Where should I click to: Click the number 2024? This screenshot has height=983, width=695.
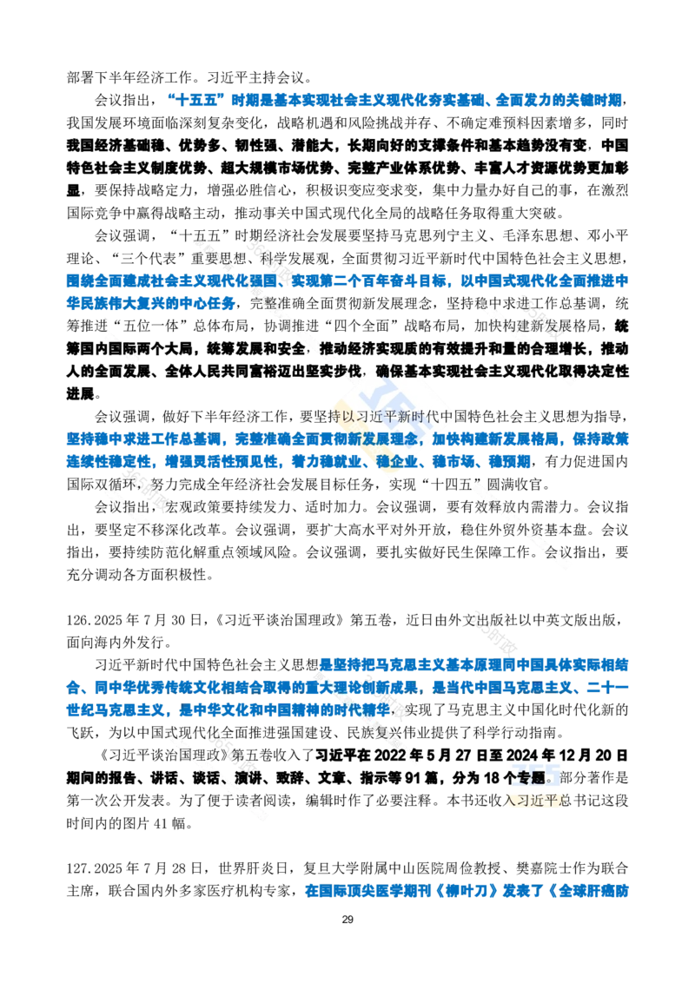521,753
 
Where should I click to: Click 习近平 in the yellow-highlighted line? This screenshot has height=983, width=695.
537,800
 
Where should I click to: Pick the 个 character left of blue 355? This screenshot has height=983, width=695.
508,773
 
